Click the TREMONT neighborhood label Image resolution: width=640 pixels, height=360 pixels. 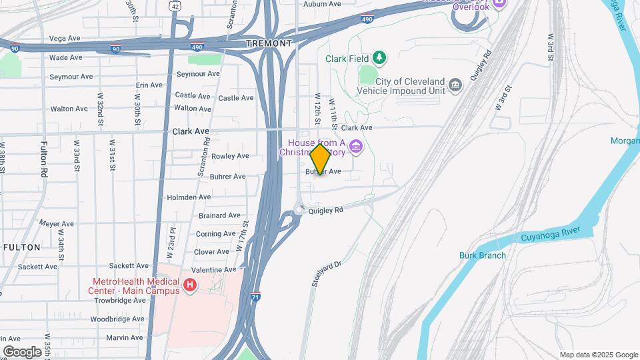coord(269,43)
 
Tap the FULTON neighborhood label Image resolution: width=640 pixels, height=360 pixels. coord(22,247)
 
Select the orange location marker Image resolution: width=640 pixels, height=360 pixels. coord(321,160)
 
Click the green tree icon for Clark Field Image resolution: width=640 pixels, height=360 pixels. coord(379,58)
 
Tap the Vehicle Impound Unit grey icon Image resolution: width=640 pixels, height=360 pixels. coord(455,85)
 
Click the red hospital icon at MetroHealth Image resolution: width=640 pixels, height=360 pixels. coord(190,286)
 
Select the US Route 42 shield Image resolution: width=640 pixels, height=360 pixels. coord(174,5)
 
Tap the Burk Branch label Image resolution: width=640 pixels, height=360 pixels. coord(483,255)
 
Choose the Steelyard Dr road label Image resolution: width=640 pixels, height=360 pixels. coord(326,274)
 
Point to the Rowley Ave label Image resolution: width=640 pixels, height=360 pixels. coord(230,156)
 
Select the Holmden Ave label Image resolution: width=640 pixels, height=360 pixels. coord(188,197)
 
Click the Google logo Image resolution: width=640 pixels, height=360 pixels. coord(22,352)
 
